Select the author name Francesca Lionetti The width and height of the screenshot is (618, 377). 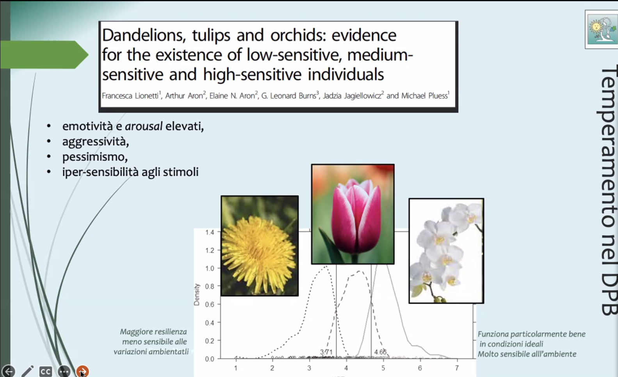130,96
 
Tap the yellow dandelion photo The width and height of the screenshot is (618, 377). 260,246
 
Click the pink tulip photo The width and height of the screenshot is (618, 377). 353,214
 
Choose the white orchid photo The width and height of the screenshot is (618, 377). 446,251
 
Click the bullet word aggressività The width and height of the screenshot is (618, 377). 96,142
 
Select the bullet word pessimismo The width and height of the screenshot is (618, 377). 95,157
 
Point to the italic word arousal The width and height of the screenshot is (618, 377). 143,126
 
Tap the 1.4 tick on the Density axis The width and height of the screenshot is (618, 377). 210,232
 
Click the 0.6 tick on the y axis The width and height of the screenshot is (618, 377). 210,304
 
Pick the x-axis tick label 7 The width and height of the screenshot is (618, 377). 457,368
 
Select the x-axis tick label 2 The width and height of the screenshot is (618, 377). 272,368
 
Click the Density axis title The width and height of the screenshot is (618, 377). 197,295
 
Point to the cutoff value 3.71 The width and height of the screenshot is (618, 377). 326,352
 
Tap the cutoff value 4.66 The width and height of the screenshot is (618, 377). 380,352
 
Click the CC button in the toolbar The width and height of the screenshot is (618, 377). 46,372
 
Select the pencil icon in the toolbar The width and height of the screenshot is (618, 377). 27,371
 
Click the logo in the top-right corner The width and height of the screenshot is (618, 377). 602,30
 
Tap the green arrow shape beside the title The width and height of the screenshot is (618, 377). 44,55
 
